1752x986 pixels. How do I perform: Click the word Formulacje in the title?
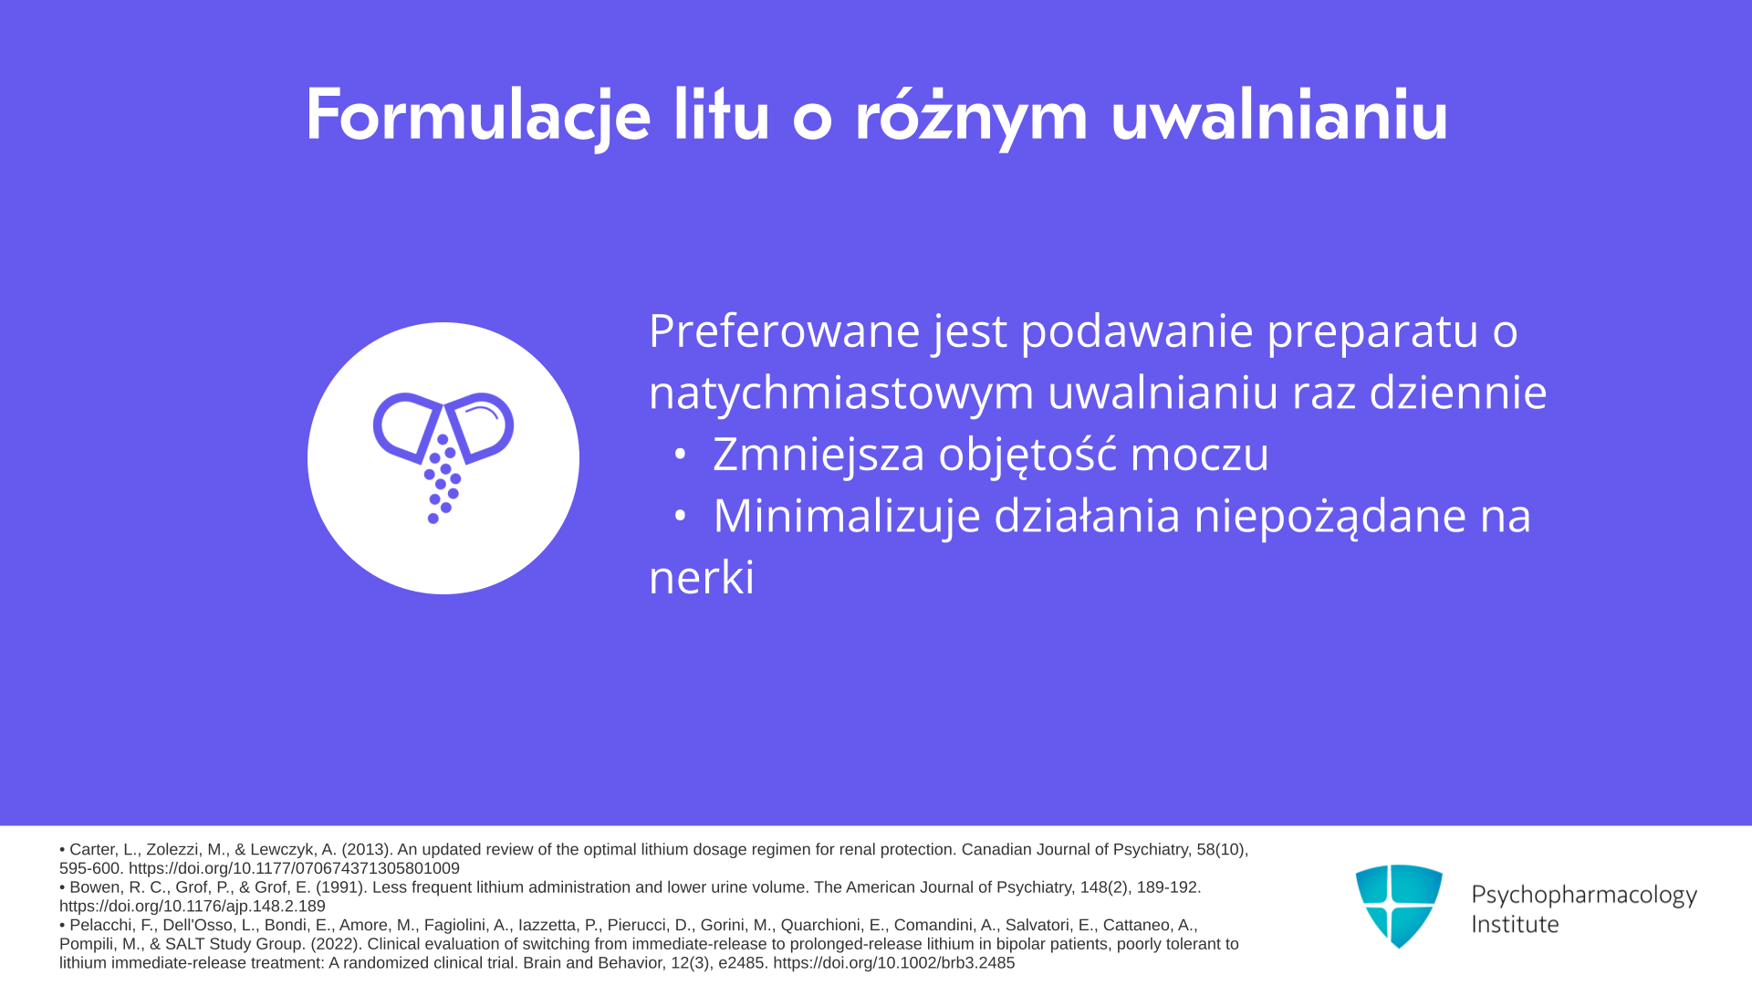click(477, 116)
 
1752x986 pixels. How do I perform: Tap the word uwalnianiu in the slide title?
click(1279, 114)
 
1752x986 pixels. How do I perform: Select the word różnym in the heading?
click(971, 116)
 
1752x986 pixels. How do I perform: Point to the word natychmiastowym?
click(841, 393)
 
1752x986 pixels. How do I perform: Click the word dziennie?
click(1458, 392)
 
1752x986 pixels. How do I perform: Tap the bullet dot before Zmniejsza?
click(679, 454)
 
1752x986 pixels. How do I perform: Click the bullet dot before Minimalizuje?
click(679, 516)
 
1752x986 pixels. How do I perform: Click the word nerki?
click(702, 578)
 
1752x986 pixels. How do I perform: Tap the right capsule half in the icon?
click(480, 426)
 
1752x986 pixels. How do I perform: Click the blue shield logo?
click(1399, 906)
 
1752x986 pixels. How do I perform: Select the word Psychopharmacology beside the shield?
click(1584, 896)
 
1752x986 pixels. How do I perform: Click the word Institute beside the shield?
click(1515, 925)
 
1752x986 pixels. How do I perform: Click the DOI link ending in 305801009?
click(294, 869)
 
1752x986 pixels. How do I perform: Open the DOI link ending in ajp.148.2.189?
click(193, 907)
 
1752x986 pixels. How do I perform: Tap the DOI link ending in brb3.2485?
click(894, 963)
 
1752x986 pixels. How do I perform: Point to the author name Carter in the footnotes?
click(93, 850)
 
